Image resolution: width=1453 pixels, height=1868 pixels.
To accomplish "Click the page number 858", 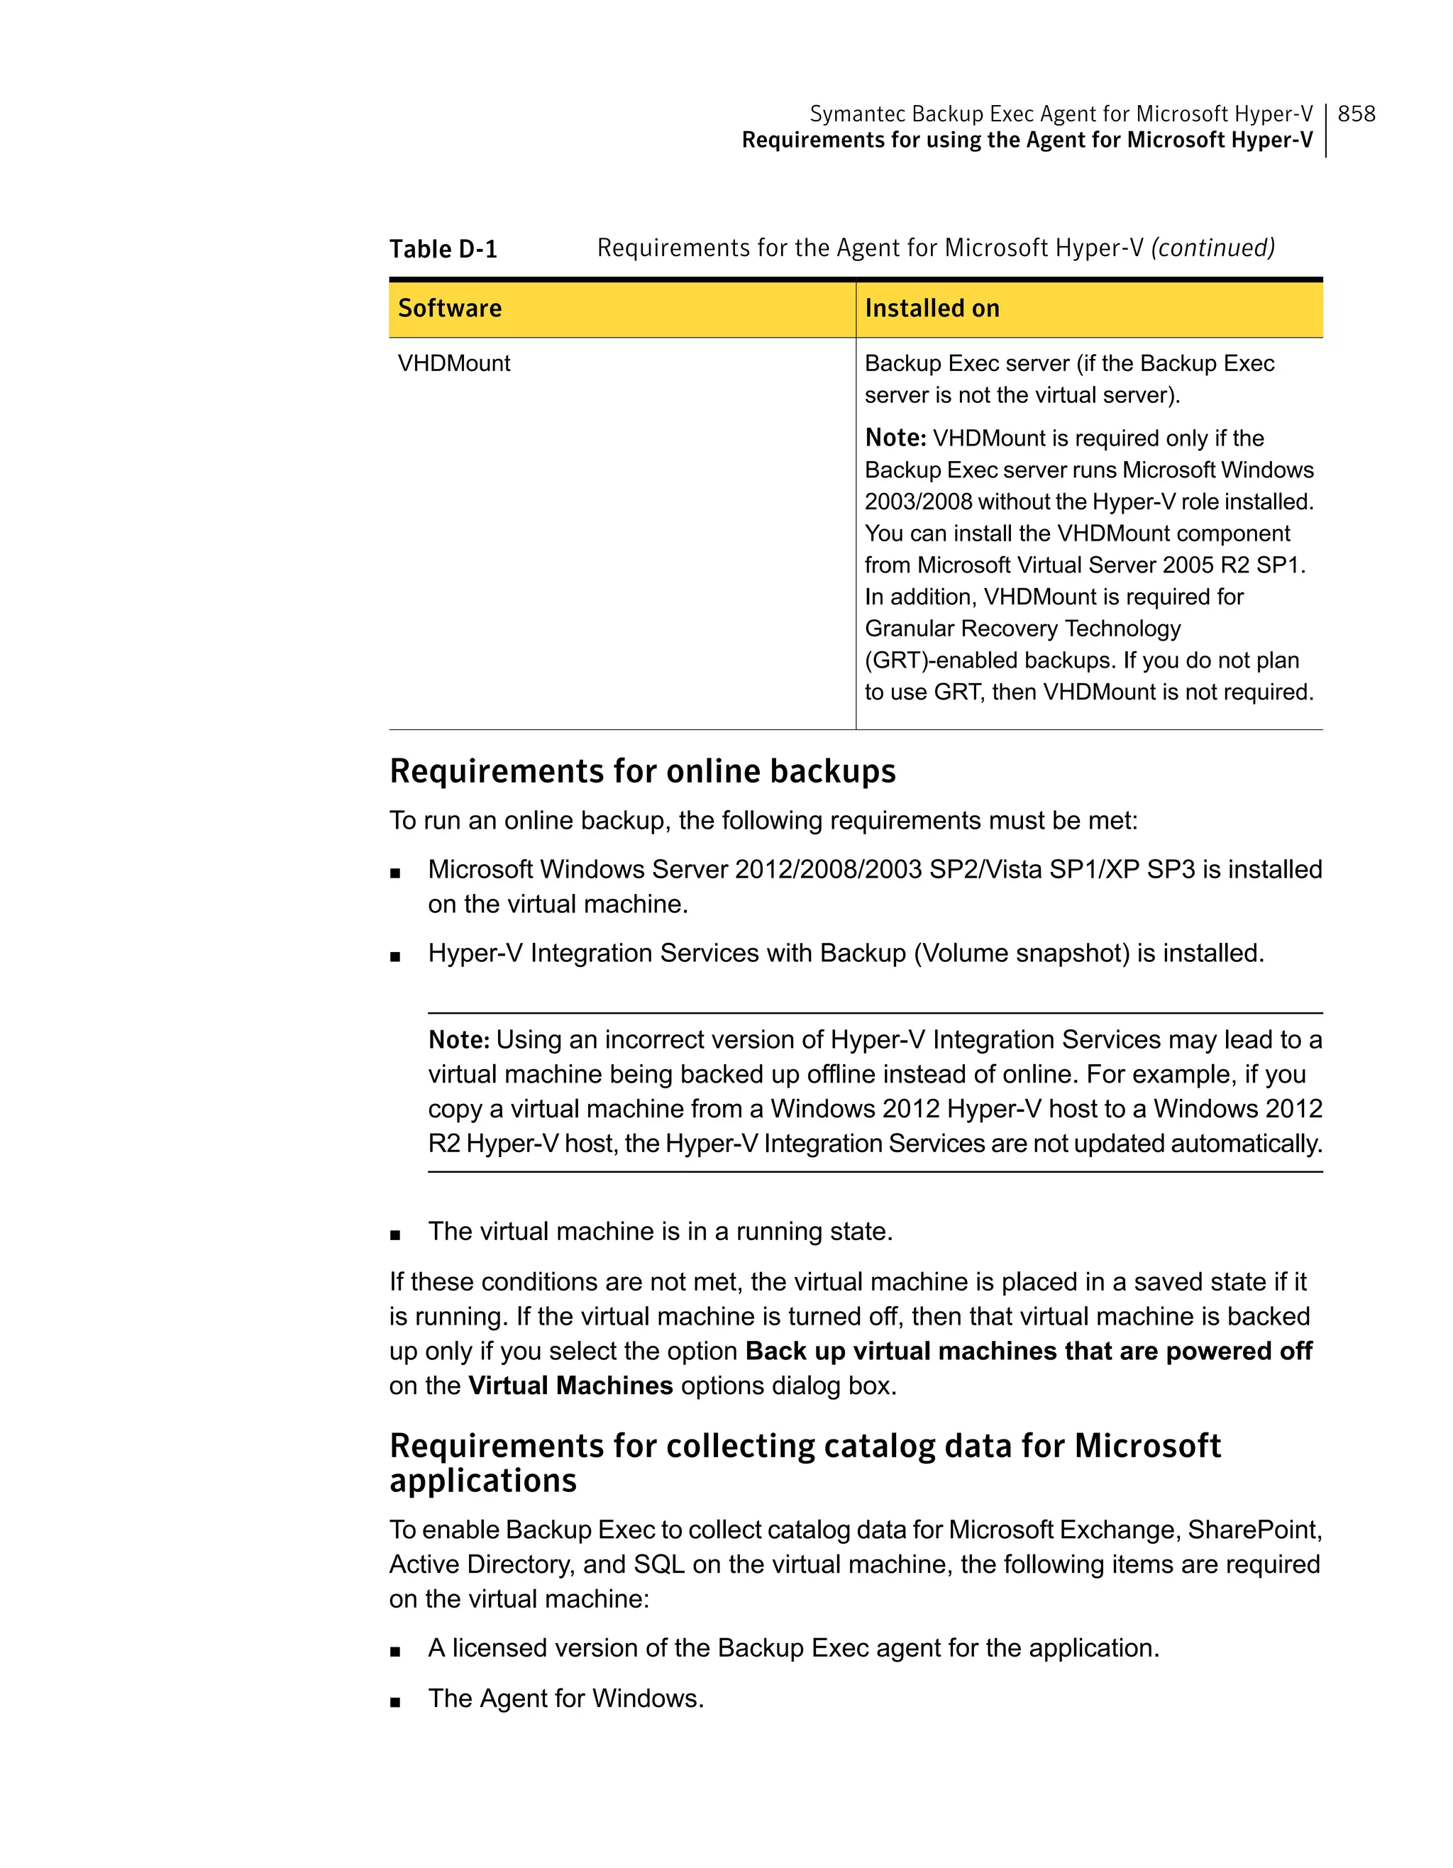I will pos(1356,114).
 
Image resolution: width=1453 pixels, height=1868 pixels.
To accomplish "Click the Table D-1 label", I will pos(443,249).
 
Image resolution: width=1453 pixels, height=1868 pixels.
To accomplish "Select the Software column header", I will pos(450,309).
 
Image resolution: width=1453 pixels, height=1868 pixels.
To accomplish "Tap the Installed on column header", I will pos(932,309).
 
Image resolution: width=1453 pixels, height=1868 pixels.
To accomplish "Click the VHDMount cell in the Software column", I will pos(454,363).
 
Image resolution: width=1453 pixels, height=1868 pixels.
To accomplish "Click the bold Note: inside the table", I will pos(895,438).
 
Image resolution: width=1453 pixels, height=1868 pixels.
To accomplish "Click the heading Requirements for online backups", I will pos(642,770).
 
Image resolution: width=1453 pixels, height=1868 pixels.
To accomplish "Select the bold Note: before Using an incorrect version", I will pos(458,1040).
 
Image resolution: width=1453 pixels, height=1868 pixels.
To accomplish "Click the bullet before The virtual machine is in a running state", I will pos(395,1235).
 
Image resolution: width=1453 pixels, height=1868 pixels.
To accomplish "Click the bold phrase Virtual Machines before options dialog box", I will pos(570,1386).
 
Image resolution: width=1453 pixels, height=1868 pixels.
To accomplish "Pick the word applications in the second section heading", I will pos(483,1481).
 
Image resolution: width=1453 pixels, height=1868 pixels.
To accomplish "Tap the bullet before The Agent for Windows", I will pos(395,1702).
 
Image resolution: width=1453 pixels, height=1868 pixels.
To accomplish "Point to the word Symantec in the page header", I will pos(858,114).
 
